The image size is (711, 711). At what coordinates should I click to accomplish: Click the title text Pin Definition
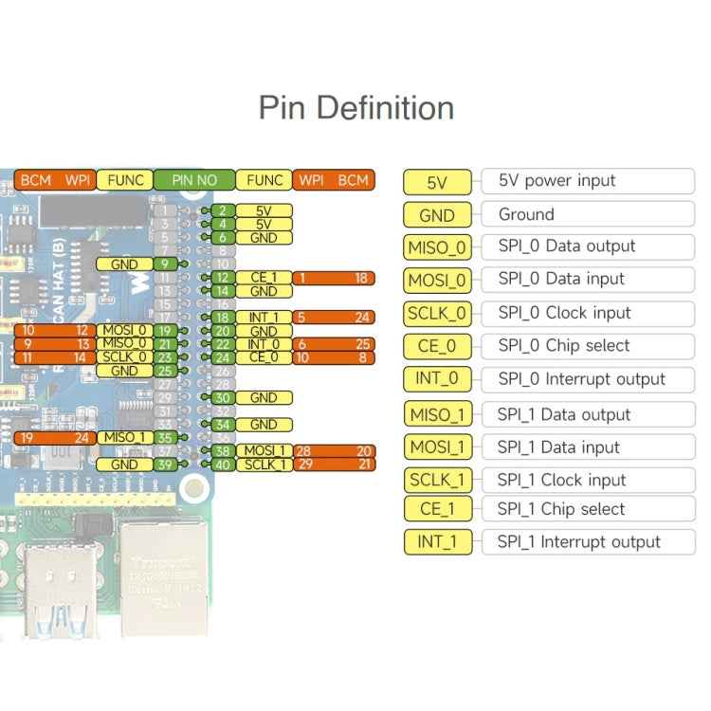pyautogui.click(x=355, y=107)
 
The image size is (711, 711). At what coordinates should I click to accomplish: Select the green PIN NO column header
pyautogui.click(x=193, y=180)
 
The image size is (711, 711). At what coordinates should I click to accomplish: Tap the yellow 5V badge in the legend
pyautogui.click(x=437, y=182)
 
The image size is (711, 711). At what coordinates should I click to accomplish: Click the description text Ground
pyautogui.click(x=526, y=214)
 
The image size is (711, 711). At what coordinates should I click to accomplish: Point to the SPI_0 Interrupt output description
pyautogui.click(x=581, y=379)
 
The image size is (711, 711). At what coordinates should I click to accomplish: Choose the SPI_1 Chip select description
pyautogui.click(x=561, y=509)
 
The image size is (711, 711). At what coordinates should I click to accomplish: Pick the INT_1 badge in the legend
pyautogui.click(x=437, y=543)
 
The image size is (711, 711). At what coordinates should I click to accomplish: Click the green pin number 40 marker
pyautogui.click(x=223, y=465)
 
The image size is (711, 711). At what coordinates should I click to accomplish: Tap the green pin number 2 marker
pyautogui.click(x=222, y=210)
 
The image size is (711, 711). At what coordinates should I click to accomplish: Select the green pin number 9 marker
pyautogui.click(x=165, y=264)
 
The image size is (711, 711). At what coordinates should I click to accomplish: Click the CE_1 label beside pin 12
pyautogui.click(x=264, y=278)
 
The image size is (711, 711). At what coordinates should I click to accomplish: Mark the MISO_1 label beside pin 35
pyautogui.click(x=124, y=438)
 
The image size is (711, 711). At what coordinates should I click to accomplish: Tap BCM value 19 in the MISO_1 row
pyautogui.click(x=27, y=438)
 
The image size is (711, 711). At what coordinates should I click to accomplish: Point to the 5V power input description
pyautogui.click(x=556, y=181)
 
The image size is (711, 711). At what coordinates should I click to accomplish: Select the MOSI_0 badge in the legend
pyautogui.click(x=437, y=281)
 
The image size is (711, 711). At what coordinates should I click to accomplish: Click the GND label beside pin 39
pyautogui.click(x=124, y=465)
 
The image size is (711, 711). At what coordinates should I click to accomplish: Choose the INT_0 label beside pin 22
pyautogui.click(x=264, y=344)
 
